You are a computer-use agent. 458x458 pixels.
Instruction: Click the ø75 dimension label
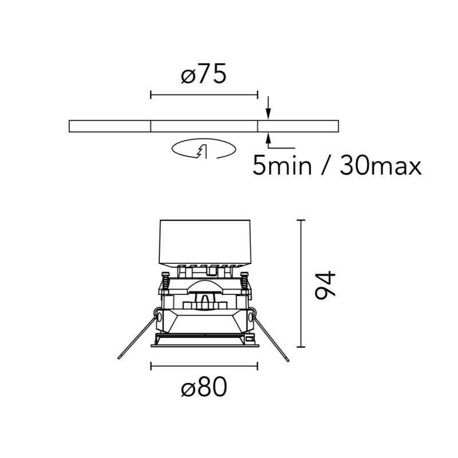point(204,74)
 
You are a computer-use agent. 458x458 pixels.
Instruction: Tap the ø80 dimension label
point(204,386)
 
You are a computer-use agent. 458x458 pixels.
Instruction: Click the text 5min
point(282,165)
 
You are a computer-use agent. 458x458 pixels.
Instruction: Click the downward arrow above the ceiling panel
point(269,108)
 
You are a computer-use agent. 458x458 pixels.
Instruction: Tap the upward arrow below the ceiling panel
point(269,139)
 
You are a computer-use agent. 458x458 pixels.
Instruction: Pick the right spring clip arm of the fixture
point(270,337)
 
